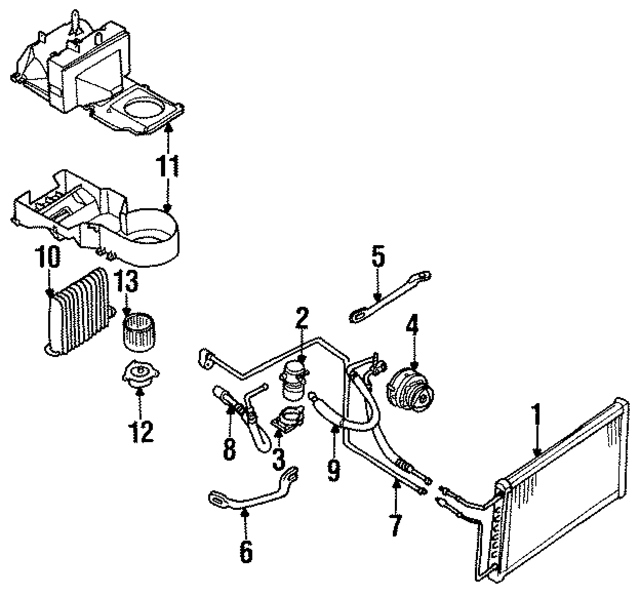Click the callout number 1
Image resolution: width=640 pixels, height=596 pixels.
(x=537, y=415)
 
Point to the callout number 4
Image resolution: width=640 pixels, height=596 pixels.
(x=411, y=325)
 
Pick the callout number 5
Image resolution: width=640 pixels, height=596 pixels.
(x=378, y=256)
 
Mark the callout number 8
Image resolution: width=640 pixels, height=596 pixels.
(x=228, y=449)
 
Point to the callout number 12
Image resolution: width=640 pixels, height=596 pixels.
(x=140, y=432)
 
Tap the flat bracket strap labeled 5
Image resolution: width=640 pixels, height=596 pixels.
(x=390, y=298)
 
